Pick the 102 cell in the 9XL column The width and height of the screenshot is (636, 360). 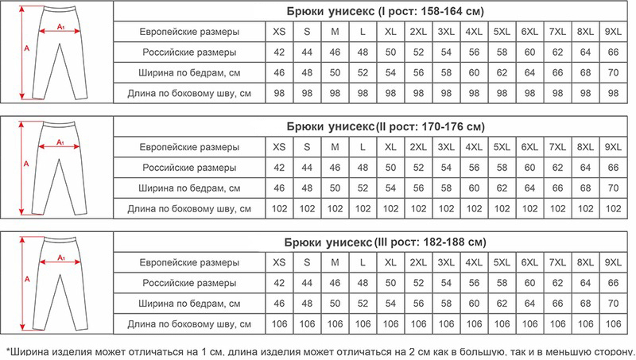(x=613, y=208)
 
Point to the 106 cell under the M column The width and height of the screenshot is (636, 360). (x=335, y=324)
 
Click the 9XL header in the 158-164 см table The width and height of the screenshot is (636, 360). (x=613, y=32)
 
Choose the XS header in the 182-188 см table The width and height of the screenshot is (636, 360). (x=279, y=262)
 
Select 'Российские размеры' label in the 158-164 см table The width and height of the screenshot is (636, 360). (x=188, y=52)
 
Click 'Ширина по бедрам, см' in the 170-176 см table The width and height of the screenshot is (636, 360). (x=188, y=188)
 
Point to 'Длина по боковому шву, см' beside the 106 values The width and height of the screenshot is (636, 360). (x=188, y=324)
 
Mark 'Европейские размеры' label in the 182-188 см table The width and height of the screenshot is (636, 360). (x=188, y=262)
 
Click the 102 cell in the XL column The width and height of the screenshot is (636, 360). (x=390, y=208)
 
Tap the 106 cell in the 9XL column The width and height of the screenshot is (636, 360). (x=613, y=324)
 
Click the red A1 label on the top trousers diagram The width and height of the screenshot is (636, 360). (x=62, y=28)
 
